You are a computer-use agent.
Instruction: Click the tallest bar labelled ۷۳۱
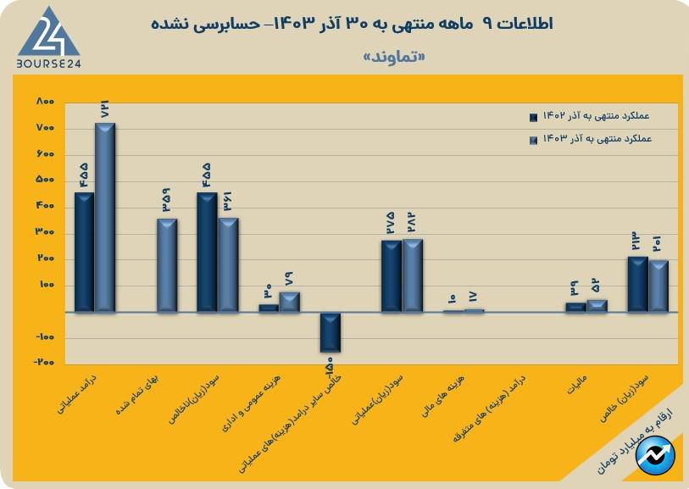[105, 216]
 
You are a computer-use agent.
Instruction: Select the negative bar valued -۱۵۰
[330, 331]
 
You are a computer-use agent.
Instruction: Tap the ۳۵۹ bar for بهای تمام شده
[167, 264]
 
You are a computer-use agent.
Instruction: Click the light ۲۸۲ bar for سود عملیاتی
[412, 275]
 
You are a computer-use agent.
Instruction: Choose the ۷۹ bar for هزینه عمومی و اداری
[290, 302]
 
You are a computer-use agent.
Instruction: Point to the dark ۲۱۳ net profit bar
[638, 284]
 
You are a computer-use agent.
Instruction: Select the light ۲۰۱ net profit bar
[658, 286]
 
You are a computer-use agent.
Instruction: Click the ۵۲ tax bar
[597, 305]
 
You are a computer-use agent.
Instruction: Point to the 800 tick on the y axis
[45, 102]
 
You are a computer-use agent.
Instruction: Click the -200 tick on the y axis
[43, 363]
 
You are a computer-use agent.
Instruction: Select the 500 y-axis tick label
[45, 181]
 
